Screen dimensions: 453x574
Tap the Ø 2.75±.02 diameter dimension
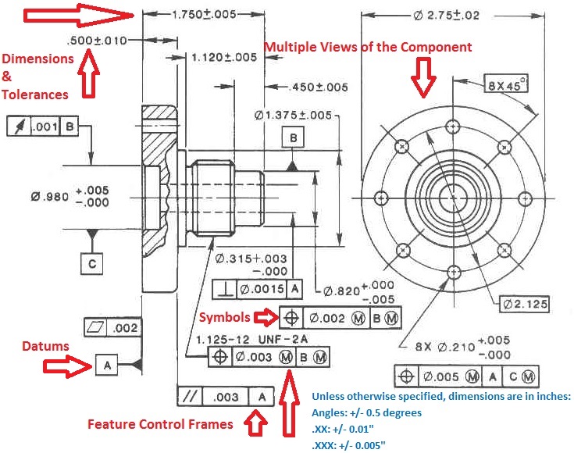click(x=458, y=15)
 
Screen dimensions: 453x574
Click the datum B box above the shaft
click(x=294, y=138)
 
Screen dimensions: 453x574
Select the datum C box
click(x=92, y=264)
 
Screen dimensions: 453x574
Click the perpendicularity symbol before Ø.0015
click(x=225, y=290)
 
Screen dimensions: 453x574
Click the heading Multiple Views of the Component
click(x=367, y=48)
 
